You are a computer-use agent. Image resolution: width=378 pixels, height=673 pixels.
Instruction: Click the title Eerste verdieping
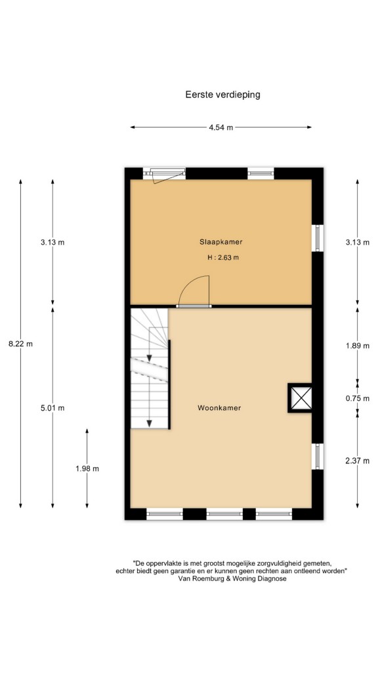click(x=222, y=95)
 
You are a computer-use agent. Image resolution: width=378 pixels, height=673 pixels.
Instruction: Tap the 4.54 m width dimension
click(x=221, y=128)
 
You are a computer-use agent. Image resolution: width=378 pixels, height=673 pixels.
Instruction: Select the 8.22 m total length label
click(x=20, y=343)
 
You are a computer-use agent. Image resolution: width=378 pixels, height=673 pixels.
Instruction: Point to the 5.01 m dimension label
click(x=52, y=407)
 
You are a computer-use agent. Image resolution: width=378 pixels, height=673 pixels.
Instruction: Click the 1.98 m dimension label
click(x=87, y=469)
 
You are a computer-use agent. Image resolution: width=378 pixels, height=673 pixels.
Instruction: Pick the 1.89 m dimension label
click(x=358, y=346)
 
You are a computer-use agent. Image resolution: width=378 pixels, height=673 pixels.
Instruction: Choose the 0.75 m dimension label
click(x=358, y=398)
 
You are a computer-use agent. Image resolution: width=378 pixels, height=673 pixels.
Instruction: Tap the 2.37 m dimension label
click(x=358, y=461)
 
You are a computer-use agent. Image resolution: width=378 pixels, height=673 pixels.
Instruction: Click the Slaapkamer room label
click(x=221, y=242)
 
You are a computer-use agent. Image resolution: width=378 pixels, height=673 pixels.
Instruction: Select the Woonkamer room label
click(x=219, y=407)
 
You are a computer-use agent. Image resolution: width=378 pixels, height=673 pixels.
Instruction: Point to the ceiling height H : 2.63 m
click(x=222, y=258)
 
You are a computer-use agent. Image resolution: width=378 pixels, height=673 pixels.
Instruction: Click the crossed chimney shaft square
click(x=301, y=398)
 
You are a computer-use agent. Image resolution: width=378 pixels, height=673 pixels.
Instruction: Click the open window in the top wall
click(x=164, y=174)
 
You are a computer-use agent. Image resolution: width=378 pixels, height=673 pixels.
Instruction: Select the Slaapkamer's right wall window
click(x=318, y=238)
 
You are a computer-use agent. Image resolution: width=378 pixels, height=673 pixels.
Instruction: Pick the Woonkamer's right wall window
click(x=318, y=456)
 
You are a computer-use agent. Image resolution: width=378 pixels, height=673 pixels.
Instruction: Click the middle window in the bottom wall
click(x=224, y=513)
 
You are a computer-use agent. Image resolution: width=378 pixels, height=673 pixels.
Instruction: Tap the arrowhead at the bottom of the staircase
click(x=149, y=424)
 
